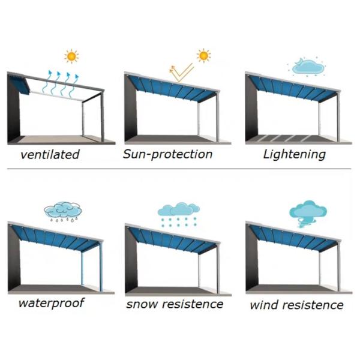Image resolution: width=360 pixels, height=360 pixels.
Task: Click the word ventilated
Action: [50, 154]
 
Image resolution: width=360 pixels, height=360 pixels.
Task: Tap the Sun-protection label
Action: [167, 154]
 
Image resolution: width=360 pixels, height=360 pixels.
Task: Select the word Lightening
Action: [295, 154]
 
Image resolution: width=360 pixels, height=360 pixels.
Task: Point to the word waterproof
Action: [52, 303]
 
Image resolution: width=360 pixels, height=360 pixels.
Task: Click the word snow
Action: [142, 304]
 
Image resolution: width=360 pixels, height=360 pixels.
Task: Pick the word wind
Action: [263, 305]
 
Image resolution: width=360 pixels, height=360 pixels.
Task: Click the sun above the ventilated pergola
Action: [71, 56]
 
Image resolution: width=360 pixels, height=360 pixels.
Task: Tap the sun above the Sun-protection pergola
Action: [203, 55]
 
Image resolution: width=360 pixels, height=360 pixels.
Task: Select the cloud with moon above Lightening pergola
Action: [307, 67]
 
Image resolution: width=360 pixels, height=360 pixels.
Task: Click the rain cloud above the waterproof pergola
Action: [63, 211]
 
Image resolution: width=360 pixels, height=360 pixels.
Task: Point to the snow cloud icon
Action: [179, 214]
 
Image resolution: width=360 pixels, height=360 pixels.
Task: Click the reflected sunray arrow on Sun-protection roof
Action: [181, 73]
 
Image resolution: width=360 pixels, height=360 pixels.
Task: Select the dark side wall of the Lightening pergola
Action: [252, 109]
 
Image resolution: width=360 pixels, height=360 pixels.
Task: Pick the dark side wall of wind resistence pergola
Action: [252, 258]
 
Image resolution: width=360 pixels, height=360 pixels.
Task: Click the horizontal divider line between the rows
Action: [179, 169]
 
